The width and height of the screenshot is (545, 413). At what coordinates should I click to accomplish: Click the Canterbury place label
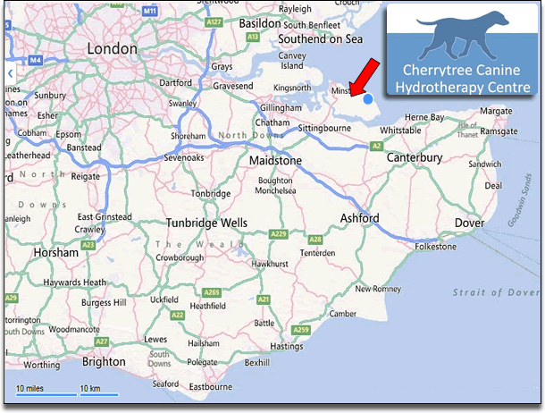pyautogui.click(x=414, y=158)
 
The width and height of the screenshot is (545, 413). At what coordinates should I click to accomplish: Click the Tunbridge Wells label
pyautogui.click(x=206, y=223)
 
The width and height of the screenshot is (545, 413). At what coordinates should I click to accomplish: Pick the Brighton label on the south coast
pyautogui.click(x=104, y=362)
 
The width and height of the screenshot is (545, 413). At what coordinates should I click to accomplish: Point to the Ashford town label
pyautogui.click(x=360, y=219)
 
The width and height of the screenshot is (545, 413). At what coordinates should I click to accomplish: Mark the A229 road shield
pyautogui.click(x=279, y=233)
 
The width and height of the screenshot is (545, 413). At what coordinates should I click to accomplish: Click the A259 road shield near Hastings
pyautogui.click(x=301, y=331)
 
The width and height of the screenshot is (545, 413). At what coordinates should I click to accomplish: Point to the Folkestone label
pyautogui.click(x=435, y=246)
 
